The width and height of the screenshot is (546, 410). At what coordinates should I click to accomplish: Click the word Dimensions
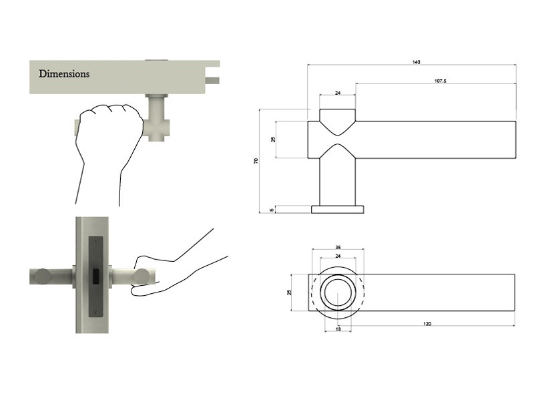(x=64, y=73)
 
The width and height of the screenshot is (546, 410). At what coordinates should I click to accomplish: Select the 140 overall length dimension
(x=417, y=62)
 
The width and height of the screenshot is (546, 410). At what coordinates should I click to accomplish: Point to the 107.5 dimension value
(x=440, y=81)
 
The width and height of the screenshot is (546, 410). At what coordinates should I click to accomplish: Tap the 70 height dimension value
(x=256, y=162)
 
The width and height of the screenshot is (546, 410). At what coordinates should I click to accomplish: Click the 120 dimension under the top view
(x=427, y=323)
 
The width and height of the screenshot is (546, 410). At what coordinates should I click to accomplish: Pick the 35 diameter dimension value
(x=338, y=248)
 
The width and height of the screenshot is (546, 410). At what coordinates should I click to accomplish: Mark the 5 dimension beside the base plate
(x=272, y=210)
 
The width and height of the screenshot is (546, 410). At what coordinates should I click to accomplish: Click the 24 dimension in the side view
(x=337, y=93)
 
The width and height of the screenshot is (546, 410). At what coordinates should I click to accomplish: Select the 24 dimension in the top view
(x=338, y=256)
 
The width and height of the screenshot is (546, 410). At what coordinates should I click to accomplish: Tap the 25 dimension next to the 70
(x=273, y=140)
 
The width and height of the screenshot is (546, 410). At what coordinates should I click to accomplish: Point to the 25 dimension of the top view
(x=290, y=292)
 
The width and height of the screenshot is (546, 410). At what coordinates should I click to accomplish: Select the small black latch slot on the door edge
(x=95, y=276)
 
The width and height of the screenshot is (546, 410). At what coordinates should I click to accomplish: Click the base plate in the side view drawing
(x=338, y=209)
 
